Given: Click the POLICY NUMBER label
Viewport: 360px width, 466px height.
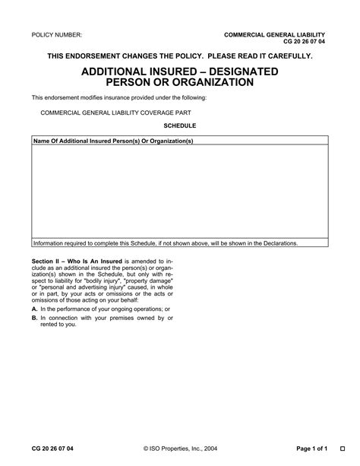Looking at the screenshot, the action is (x=56, y=36).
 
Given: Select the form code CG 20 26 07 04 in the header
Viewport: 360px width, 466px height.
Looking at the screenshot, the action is (x=304, y=43).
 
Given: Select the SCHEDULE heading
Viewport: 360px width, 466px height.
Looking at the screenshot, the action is (x=179, y=125).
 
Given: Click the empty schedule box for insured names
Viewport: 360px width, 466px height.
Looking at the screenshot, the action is (x=179, y=191).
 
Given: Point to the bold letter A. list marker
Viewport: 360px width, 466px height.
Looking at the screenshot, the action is (x=35, y=310).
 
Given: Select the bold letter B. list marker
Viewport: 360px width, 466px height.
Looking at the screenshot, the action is (x=35, y=317).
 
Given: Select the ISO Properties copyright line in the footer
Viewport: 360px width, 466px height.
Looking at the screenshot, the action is (x=179, y=448).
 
